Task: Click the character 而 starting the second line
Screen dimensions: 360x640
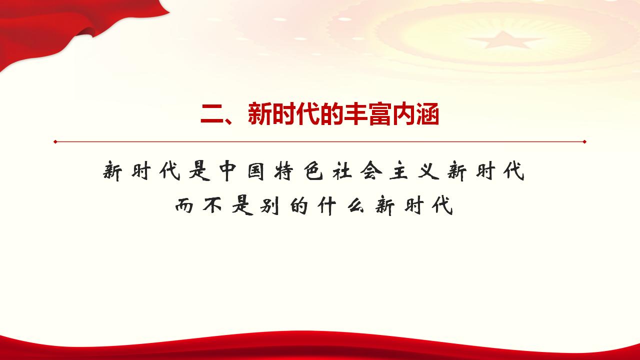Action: [185, 205]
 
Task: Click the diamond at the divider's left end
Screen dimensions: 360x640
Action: [55, 141]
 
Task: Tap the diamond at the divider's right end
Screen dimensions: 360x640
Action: [584, 141]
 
